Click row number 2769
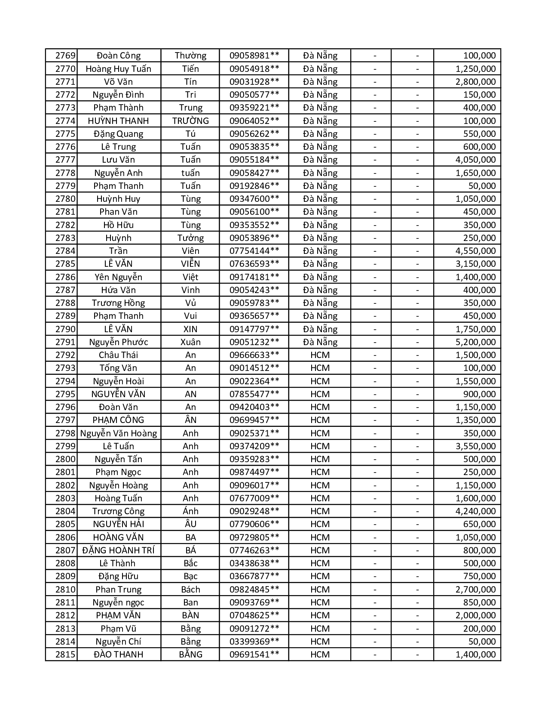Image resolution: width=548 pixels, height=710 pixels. [65, 56]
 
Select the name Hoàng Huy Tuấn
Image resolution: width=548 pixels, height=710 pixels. [118, 69]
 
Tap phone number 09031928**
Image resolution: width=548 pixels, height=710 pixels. [254, 82]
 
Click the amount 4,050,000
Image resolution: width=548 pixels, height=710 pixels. [475, 160]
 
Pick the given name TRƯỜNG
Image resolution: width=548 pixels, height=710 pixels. [190, 121]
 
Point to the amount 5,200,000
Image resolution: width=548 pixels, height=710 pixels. [475, 342]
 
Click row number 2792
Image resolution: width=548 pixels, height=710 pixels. [65, 355]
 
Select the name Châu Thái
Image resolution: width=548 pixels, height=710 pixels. [118, 355]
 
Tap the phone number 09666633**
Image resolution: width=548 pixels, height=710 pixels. [254, 355]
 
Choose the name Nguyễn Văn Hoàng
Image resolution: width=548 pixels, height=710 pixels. [118, 433]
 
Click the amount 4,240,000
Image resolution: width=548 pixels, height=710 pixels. [475, 511]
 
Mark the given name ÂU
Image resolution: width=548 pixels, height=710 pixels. [190, 524]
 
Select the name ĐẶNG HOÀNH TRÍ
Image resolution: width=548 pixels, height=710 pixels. [118, 550]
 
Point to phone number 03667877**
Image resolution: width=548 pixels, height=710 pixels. [254, 576]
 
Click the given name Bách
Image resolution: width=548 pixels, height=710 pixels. [190, 590]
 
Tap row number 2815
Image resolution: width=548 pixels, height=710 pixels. [65, 654]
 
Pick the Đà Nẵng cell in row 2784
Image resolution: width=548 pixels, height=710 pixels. [320, 251]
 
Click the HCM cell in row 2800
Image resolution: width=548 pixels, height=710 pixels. [320, 459]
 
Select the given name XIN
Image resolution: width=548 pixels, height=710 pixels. [190, 329]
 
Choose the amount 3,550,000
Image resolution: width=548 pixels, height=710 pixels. [475, 446]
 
